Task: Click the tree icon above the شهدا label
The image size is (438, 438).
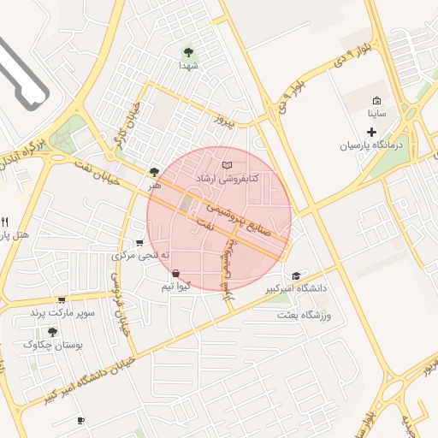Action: (x=188, y=50)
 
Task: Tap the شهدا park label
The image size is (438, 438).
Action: (x=188, y=65)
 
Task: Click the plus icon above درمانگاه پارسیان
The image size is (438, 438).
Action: (x=371, y=132)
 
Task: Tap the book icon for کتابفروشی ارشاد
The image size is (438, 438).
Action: (x=226, y=164)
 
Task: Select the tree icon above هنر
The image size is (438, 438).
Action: (x=154, y=171)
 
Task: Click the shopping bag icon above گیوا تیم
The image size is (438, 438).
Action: (x=175, y=273)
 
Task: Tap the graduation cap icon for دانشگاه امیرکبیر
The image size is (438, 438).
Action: (x=296, y=275)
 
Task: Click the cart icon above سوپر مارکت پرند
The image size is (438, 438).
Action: (x=62, y=300)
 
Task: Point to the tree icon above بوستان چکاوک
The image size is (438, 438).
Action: (x=52, y=331)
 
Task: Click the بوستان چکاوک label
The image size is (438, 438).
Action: (x=52, y=345)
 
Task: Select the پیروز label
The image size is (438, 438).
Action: (x=222, y=121)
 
